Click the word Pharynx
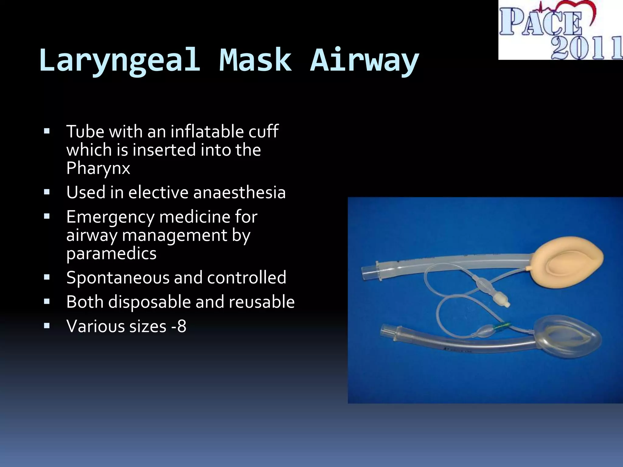click(x=98, y=168)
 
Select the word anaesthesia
click(x=239, y=192)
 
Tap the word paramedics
click(x=111, y=254)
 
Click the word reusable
click(x=262, y=302)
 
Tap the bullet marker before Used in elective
click(x=47, y=192)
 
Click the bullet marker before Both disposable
click(x=47, y=302)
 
